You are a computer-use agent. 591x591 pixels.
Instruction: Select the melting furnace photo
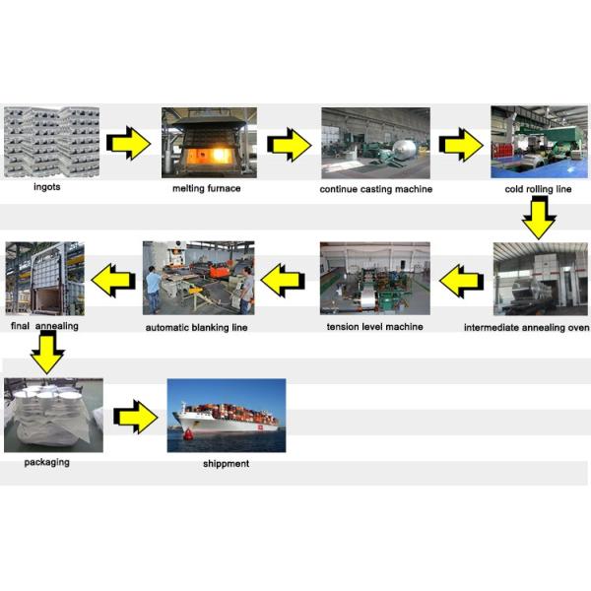209,142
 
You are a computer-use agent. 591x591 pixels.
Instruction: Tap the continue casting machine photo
375,142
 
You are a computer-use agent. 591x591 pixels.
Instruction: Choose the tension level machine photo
374,278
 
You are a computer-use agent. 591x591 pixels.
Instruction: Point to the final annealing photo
44,278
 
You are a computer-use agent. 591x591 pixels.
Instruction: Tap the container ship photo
227,414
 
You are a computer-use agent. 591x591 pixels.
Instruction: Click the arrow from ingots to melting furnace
128,144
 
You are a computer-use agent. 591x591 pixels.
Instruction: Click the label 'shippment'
226,463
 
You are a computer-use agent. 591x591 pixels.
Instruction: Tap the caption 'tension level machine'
374,325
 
